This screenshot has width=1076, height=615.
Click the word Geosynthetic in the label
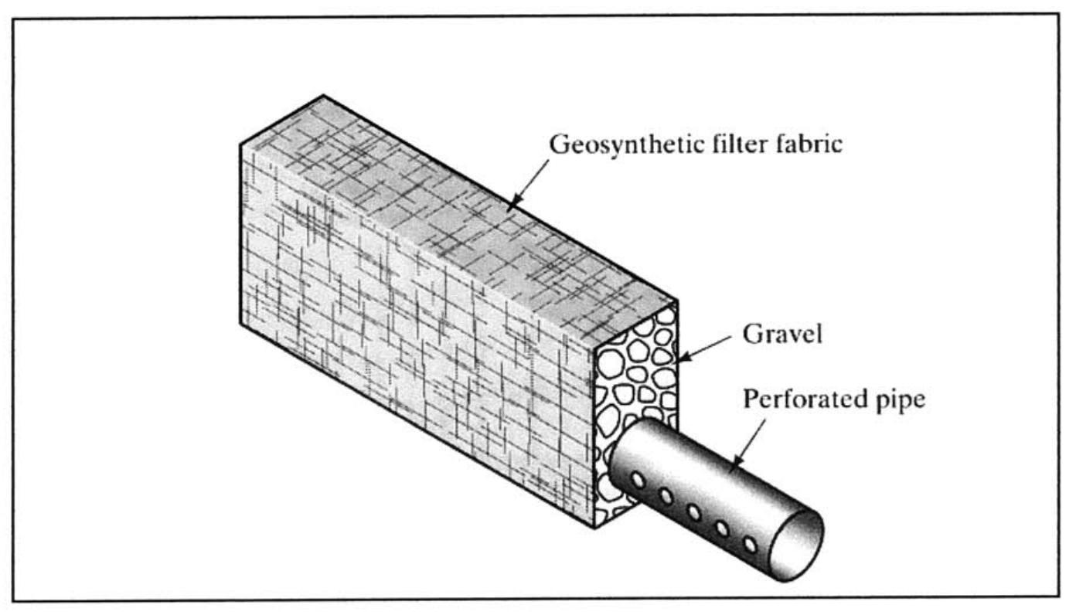pos(614,144)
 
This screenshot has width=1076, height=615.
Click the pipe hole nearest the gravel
pos(638,480)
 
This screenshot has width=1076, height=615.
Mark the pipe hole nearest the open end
pos(750,545)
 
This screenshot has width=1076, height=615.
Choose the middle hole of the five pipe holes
pos(694,512)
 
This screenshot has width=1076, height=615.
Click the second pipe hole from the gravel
pos(666,496)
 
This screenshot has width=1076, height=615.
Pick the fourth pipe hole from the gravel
pos(722,528)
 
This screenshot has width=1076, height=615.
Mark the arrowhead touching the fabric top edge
pos(511,205)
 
